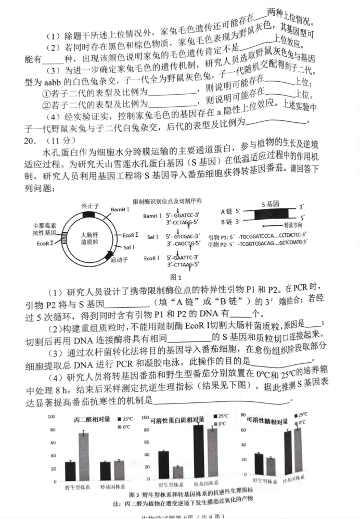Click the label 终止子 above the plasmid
pos(89,206)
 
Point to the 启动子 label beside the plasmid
pos(119,260)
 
